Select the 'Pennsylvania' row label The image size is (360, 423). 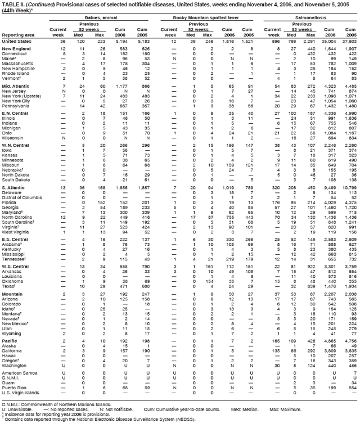coord(15,91)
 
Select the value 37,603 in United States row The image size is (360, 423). coord(348,42)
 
